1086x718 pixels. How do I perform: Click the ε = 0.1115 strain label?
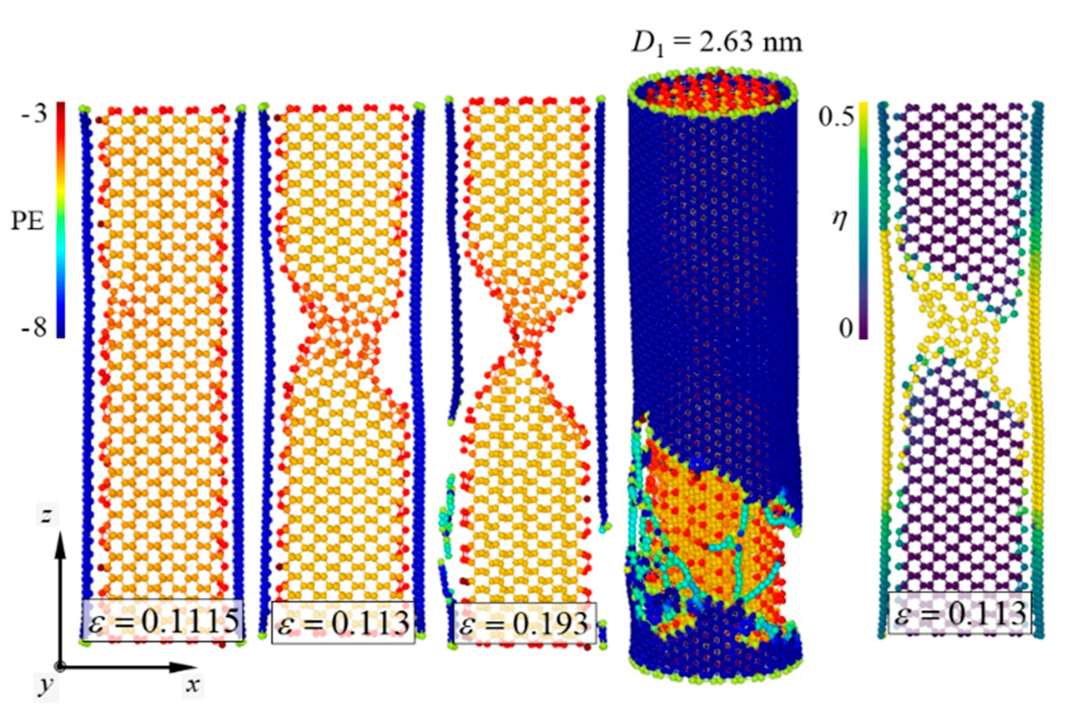tap(163, 621)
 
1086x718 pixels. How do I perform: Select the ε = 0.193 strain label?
tap(524, 623)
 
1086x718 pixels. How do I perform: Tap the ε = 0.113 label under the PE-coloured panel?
tap(343, 623)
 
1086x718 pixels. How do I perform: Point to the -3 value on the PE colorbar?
tap(34, 114)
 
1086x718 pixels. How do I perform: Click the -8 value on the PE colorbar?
tap(34, 328)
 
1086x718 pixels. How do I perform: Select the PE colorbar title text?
tap(27, 221)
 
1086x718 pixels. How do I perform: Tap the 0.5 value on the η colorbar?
tap(836, 117)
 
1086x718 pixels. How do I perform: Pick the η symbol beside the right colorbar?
tap(839, 220)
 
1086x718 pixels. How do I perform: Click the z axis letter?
tap(46, 514)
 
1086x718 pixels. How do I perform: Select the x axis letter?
tap(193, 685)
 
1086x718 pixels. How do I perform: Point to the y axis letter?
tap(46, 686)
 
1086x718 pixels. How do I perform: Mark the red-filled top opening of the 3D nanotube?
tap(712, 93)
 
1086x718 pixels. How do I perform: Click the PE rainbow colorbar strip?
tap(60, 220)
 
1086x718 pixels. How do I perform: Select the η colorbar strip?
tap(863, 220)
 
